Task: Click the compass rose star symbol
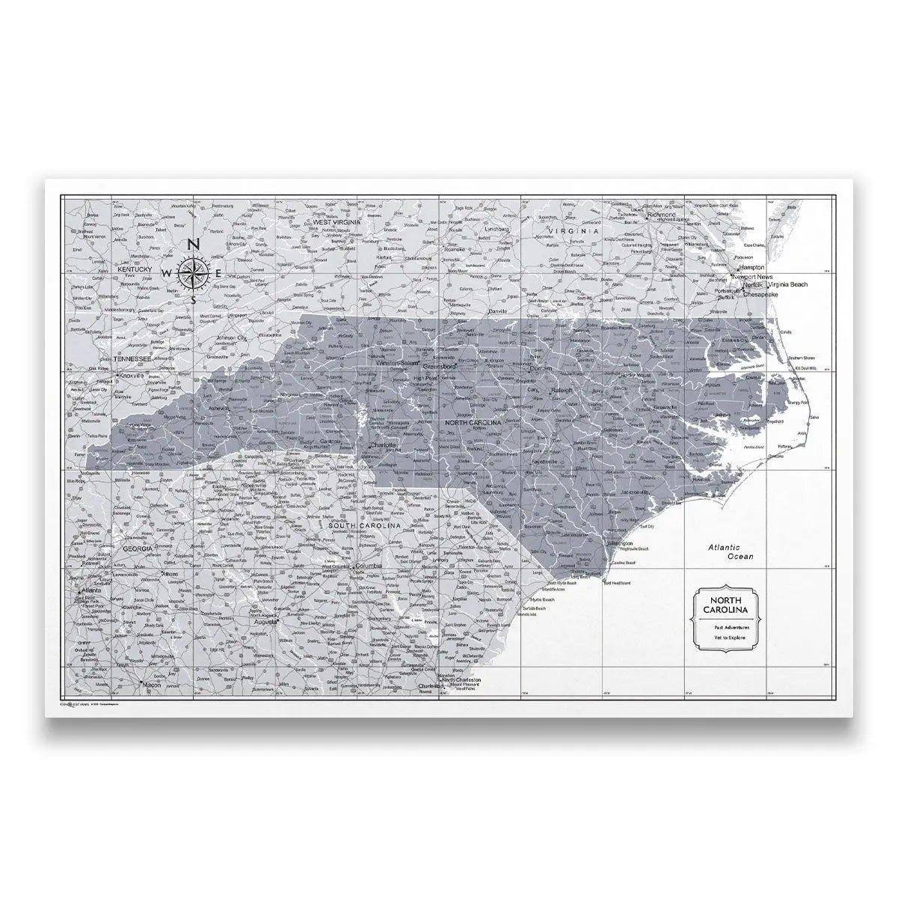[x=191, y=272]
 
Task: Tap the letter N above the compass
[x=192, y=244]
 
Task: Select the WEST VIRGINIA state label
[x=336, y=222]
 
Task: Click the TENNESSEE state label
[x=132, y=359]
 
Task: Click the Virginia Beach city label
[x=782, y=285]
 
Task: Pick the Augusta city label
[x=266, y=621]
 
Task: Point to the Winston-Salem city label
[x=396, y=363]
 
